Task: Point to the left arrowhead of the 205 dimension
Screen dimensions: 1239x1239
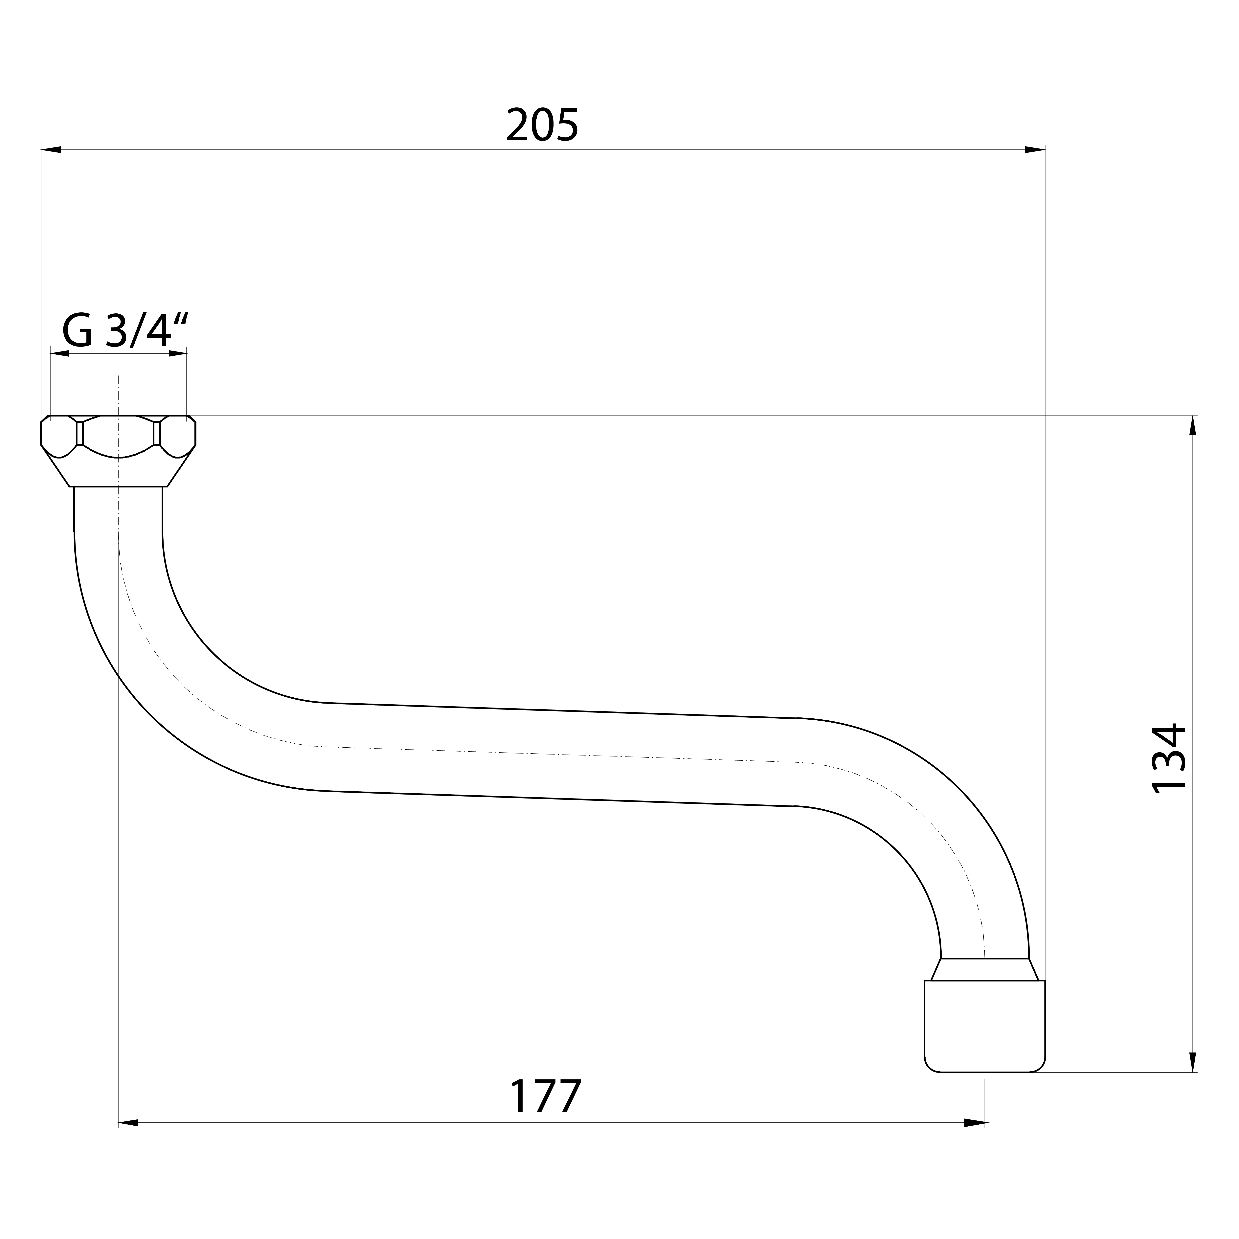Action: tap(51, 149)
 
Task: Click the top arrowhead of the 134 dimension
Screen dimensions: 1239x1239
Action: tap(1193, 426)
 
